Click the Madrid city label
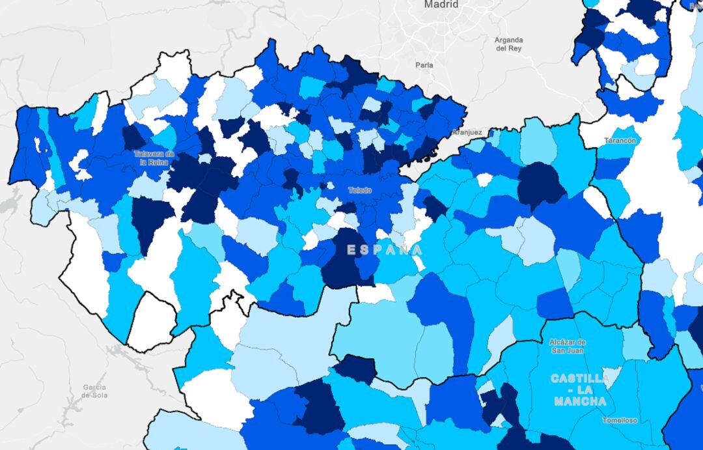(441, 5)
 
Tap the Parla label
(424, 65)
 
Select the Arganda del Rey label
(508, 44)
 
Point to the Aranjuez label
(467, 132)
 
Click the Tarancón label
(620, 140)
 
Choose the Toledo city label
(360, 190)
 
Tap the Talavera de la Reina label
(154, 158)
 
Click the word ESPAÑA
(384, 249)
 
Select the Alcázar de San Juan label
(568, 346)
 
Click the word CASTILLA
(580, 378)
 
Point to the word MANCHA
(580, 401)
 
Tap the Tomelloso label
(620, 420)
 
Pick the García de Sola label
(94, 391)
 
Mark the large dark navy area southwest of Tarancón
(540, 186)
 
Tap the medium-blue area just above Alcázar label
(555, 304)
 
